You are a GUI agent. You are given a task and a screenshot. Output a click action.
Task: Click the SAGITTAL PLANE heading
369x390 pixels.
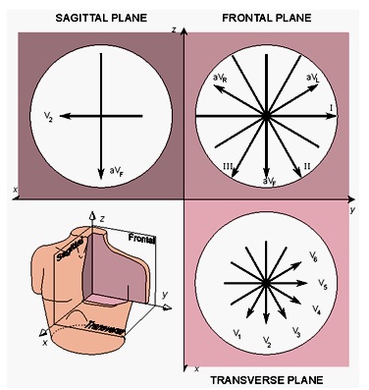point(97,17)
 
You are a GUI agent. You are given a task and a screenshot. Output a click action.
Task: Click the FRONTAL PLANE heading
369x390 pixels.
point(267,17)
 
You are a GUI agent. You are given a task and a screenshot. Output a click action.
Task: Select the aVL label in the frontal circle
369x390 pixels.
point(311,77)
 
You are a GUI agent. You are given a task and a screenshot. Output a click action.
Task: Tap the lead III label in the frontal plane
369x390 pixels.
point(227,169)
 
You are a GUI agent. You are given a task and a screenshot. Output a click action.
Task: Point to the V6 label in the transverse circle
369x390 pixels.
point(313,255)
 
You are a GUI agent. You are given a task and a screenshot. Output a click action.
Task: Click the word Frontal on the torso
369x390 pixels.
point(142,239)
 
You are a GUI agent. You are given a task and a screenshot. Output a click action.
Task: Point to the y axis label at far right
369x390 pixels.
point(351,209)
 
